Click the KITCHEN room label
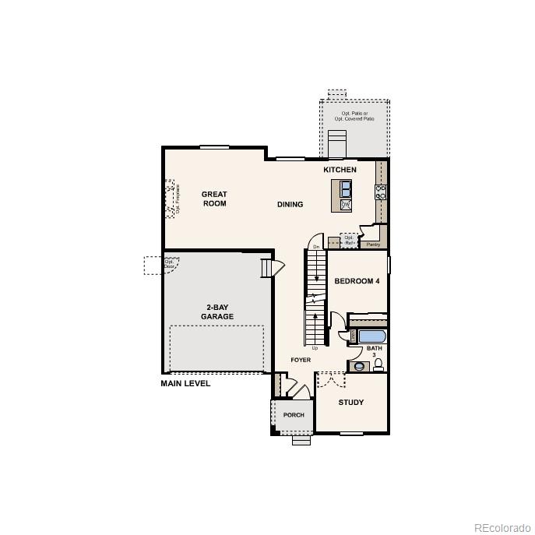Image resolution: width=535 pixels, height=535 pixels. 340,170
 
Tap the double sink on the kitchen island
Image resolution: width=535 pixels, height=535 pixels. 345,189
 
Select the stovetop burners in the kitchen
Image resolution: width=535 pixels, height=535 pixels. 381,192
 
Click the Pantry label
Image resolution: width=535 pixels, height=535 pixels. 372,244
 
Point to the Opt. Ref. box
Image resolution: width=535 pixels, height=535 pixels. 349,240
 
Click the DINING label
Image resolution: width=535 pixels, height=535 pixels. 290,205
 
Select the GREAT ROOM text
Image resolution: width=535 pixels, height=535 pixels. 214,199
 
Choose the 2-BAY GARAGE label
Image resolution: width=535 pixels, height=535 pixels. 217,311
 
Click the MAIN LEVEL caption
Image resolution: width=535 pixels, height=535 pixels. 185,383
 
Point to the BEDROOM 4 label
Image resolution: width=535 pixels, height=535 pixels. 357,281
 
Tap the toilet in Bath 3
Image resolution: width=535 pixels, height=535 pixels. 378,364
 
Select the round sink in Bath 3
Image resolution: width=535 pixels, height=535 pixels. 358,365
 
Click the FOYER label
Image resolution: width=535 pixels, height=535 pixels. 301,360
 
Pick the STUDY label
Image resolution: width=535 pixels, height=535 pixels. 350,403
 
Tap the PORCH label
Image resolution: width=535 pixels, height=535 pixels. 294,415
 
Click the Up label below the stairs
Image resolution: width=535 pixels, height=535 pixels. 315,348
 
